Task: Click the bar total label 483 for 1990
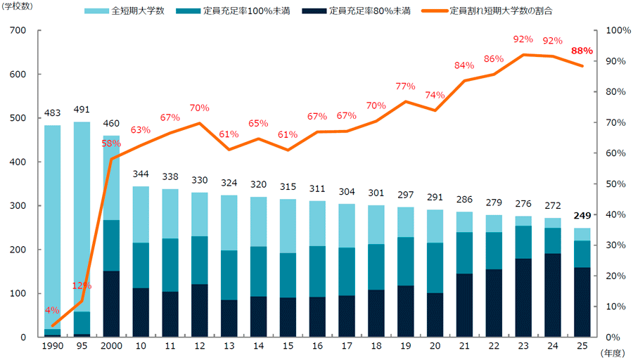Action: click(x=53, y=113)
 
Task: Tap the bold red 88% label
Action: click(x=582, y=51)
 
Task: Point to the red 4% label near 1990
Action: click(x=52, y=311)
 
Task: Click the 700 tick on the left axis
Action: click(x=18, y=31)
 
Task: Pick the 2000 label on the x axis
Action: click(x=111, y=346)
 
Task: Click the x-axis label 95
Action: click(x=82, y=346)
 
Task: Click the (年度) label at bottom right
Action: click(x=613, y=353)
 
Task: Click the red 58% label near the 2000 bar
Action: click(x=111, y=143)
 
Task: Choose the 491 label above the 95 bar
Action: click(x=82, y=109)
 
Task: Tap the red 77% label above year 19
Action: click(x=405, y=86)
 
